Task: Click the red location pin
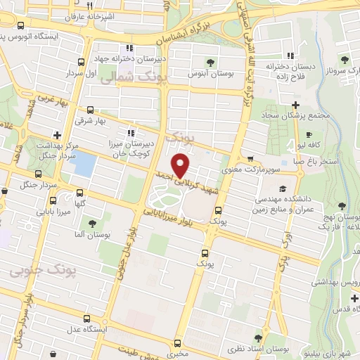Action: coord(181,165)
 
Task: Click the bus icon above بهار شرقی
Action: coord(89,110)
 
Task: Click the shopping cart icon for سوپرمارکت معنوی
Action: coord(250,159)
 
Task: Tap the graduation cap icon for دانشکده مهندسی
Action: coord(282,188)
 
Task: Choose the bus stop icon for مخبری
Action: coord(176,343)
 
